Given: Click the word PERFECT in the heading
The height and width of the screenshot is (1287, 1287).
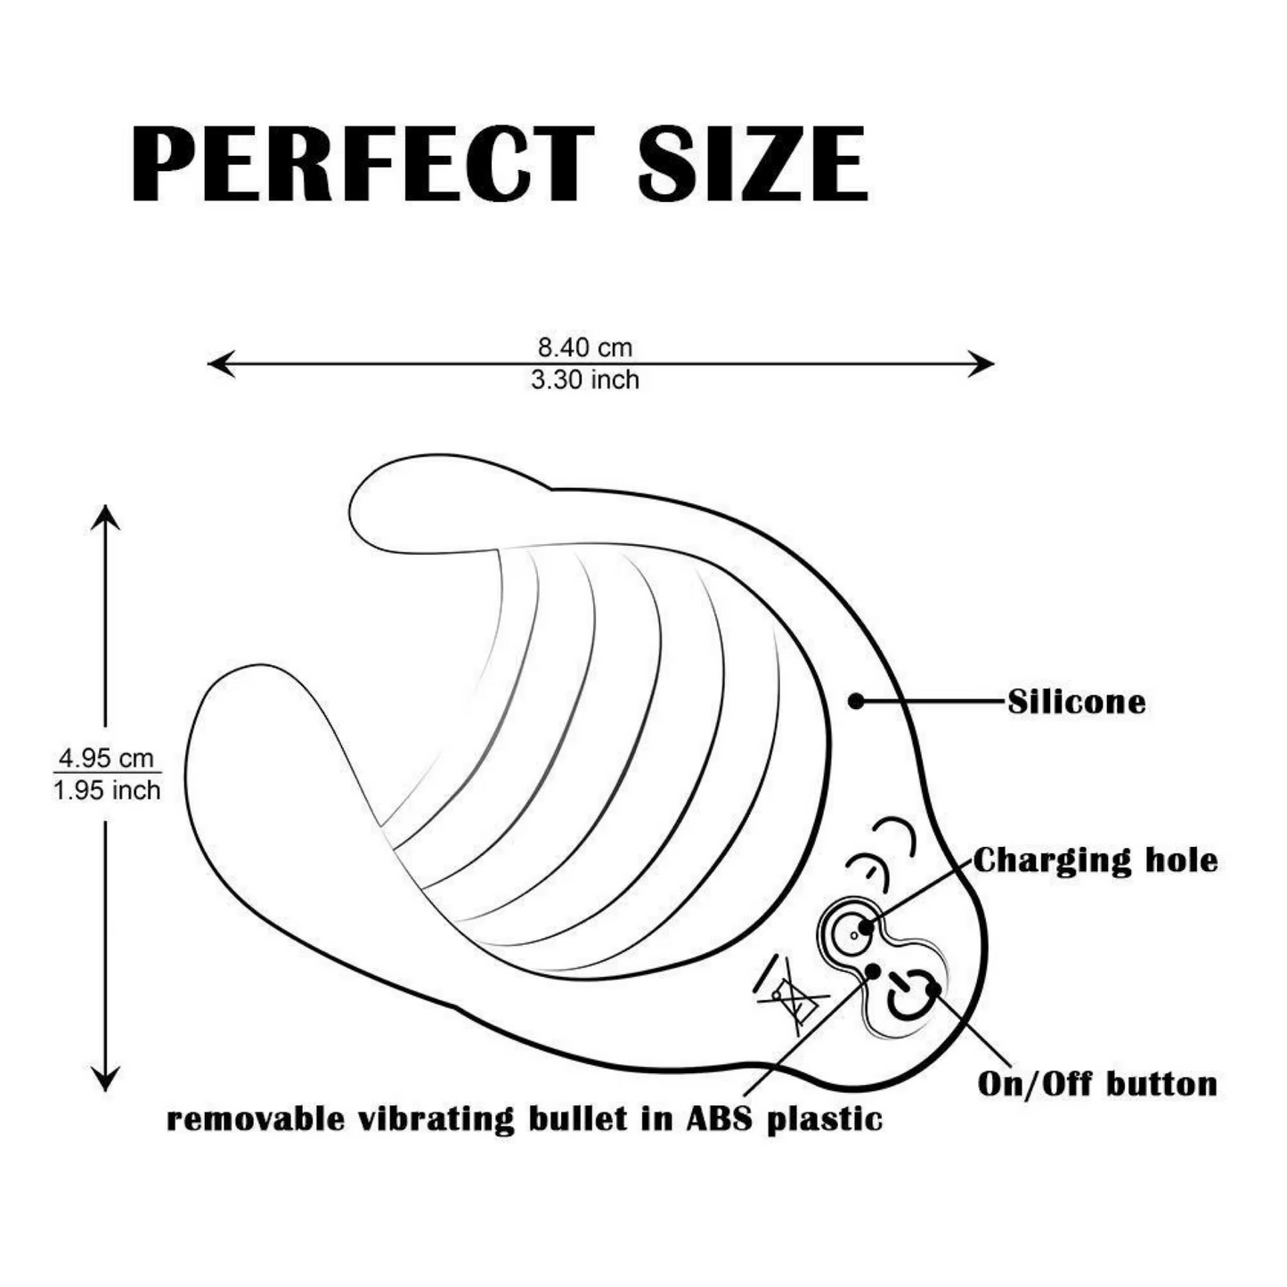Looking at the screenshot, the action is tap(362, 164).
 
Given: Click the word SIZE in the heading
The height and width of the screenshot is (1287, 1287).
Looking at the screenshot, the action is tap(753, 164).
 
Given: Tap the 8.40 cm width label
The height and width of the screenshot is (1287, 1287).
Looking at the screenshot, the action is tap(585, 348).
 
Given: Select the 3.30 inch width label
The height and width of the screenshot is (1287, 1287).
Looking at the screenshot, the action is tap(585, 380).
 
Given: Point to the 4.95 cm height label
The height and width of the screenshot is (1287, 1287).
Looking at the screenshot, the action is tap(107, 758).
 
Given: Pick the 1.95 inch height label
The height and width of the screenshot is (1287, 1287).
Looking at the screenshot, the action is tap(107, 791).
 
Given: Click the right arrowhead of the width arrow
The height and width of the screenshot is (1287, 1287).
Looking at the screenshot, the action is tap(982, 364).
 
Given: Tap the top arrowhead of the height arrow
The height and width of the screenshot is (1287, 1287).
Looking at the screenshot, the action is tap(105, 518).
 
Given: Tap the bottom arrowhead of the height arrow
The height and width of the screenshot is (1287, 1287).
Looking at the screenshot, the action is tap(105, 1078).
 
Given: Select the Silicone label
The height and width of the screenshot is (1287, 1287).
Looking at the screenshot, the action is tap(1077, 703).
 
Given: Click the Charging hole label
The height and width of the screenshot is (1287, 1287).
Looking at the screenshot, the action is tap(1095, 861).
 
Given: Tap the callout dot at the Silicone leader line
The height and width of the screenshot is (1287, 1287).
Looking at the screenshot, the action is tap(856, 701).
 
